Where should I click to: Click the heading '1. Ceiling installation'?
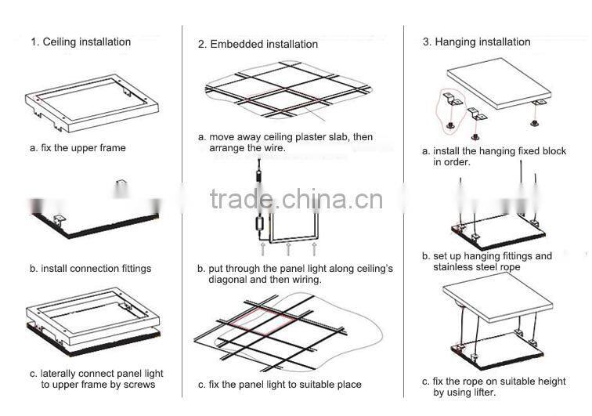(x=81, y=42)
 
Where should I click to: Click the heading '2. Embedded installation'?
(x=258, y=44)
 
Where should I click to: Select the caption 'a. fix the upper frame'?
(x=78, y=147)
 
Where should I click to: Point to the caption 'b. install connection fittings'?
(x=90, y=268)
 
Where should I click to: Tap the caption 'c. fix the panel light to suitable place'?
(x=280, y=384)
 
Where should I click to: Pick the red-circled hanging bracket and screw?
(x=449, y=108)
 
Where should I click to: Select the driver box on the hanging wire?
(x=258, y=222)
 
